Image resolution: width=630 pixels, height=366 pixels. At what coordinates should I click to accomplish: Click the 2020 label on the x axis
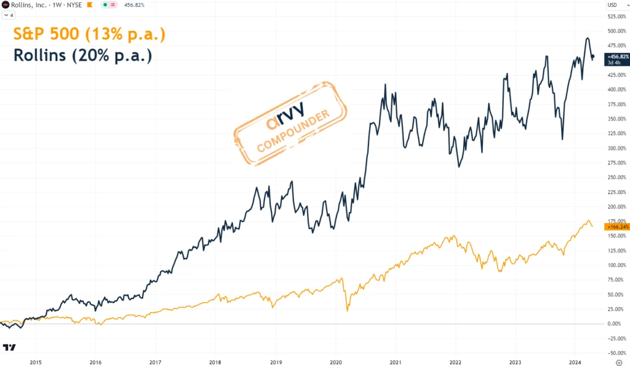click(336, 362)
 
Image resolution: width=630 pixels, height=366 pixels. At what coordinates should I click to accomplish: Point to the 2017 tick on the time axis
click(154, 362)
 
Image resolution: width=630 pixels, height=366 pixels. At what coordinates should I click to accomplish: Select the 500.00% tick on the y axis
click(616, 31)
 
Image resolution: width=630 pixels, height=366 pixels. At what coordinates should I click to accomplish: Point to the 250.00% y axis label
click(616, 177)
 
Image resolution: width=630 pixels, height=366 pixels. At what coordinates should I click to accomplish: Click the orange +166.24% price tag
click(616, 227)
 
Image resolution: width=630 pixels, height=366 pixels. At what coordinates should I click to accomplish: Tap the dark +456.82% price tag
click(616, 56)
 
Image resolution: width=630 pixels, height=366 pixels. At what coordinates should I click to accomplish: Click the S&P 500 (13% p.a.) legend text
click(89, 34)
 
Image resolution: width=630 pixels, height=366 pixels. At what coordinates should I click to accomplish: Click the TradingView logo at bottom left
click(9, 348)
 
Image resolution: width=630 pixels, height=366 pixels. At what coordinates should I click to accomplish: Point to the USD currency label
click(612, 6)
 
